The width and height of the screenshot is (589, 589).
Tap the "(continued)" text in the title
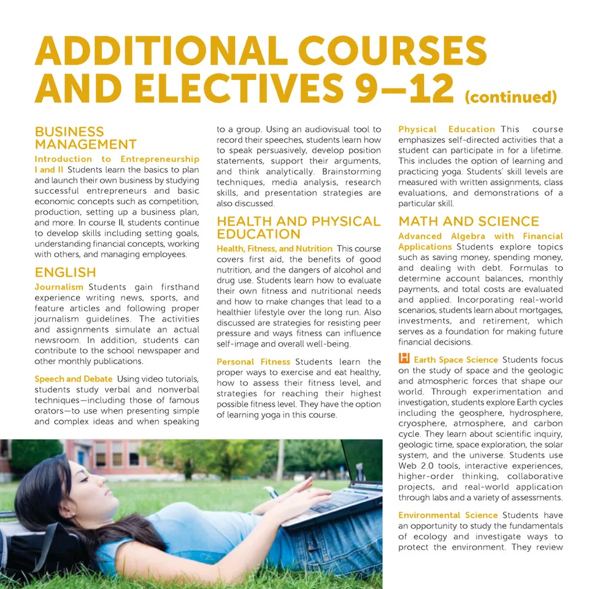[510, 97]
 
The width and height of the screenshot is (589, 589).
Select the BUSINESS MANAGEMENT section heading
[85, 138]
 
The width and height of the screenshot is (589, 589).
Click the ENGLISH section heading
[65, 272]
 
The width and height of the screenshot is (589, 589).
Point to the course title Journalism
[59, 287]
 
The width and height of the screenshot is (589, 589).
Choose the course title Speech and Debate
[73, 379]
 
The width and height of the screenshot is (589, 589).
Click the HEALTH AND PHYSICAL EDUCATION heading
[298, 228]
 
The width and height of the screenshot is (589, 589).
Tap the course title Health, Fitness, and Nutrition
[274, 248]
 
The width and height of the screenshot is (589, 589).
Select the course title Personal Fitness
[253, 362]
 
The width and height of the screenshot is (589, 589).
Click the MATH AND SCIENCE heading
[469, 221]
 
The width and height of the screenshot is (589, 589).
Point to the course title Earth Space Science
[455, 360]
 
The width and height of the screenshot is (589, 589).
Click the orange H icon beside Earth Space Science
[404, 358]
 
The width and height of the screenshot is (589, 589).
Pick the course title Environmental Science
[447, 515]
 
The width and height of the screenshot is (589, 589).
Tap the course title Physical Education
[446, 129]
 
